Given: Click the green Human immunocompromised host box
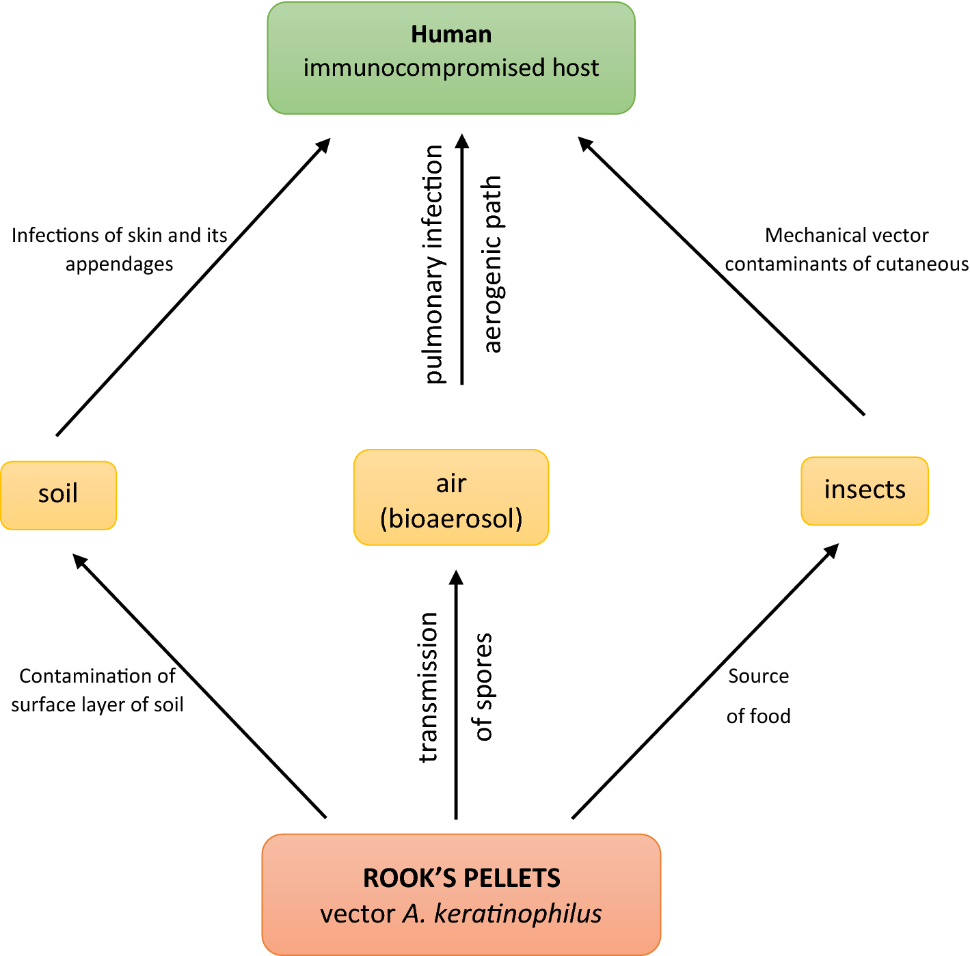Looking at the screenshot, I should coord(451,58).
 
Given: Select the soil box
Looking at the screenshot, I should coord(58,495).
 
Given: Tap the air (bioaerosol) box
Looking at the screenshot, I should coord(451,497).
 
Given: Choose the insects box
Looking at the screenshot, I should coord(864,491).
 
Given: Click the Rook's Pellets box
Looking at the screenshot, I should coord(461,894).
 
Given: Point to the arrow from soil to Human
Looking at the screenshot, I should coord(193,287).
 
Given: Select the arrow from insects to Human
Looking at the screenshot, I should coord(721,277).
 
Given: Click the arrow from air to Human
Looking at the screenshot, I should coord(462,260).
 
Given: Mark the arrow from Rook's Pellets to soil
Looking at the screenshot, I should coord(200,685).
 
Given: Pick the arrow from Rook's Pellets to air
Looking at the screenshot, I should coord(456,694).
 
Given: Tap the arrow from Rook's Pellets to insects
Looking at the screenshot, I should coord(705,681).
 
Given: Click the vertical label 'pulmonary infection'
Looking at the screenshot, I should coord(433,264).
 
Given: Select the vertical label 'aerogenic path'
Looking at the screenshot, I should coord(492,264).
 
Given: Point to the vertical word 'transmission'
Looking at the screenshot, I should coord(428,687).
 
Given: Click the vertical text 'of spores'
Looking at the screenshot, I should coord(483,687).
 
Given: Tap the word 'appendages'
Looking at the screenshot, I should coord(119,264).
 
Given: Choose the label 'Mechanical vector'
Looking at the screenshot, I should coord(846,235).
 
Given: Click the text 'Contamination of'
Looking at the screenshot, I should coord(97,676).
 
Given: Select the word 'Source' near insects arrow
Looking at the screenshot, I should coord(758,676).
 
